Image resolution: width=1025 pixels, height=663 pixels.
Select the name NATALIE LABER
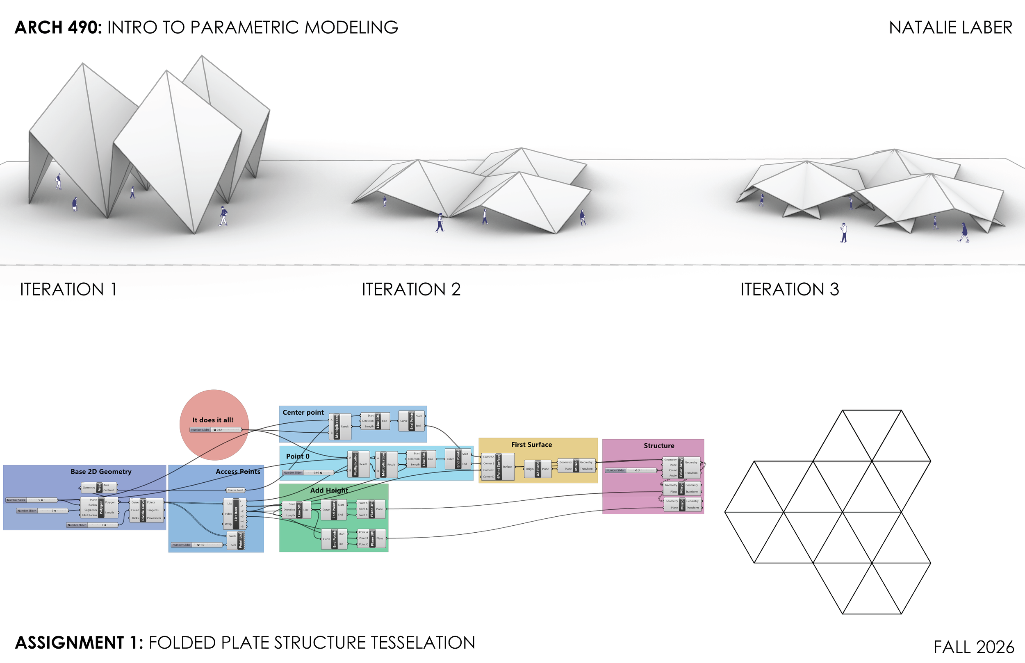tap(950, 27)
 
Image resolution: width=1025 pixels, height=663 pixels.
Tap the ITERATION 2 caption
tap(411, 289)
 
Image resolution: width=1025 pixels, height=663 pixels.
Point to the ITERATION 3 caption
tap(789, 289)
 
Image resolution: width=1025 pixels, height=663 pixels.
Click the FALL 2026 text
tap(973, 647)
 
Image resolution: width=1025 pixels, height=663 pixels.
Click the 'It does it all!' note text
tap(213, 420)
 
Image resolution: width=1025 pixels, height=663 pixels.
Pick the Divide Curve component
tap(143, 510)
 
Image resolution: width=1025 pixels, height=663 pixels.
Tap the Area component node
tap(99, 487)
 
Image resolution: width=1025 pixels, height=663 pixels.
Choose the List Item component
tap(236, 513)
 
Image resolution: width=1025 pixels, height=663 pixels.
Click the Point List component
tap(240, 540)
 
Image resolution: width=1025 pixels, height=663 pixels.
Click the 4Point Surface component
tap(498, 467)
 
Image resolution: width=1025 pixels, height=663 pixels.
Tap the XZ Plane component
tap(538, 468)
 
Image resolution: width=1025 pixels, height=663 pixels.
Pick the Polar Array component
tap(681, 468)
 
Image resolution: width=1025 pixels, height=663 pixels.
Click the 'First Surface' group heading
tap(531, 444)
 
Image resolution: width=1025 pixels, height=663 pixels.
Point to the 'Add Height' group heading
tap(329, 490)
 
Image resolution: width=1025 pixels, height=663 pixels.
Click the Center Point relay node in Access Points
tap(235, 490)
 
